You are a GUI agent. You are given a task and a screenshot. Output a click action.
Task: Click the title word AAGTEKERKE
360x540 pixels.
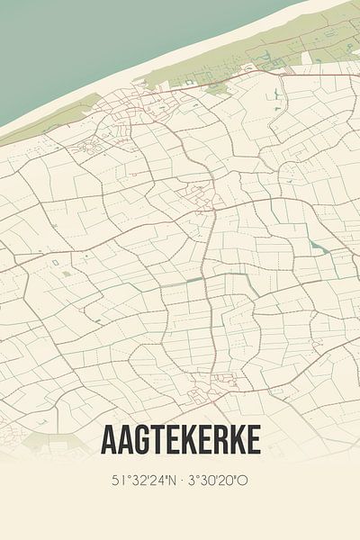181,440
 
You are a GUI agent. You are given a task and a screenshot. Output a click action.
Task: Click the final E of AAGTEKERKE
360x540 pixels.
254,440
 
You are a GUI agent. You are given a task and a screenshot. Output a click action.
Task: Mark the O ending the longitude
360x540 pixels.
244,481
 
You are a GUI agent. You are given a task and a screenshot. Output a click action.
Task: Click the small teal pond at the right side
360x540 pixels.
314,245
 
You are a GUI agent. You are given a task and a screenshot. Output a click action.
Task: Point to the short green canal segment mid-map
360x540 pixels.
194,280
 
